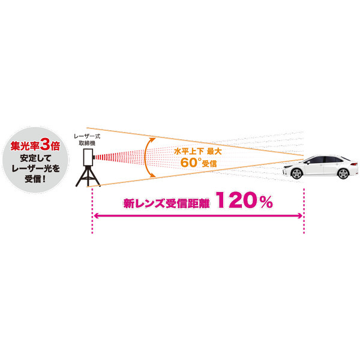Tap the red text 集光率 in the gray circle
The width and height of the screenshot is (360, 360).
click(25, 146)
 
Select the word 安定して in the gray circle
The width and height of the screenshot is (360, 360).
click(35, 158)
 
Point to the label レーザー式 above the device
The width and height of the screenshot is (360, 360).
click(87, 136)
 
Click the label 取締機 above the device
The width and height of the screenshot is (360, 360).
click(87, 143)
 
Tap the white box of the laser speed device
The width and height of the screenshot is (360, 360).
click(88, 157)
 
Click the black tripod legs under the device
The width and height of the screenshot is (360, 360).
click(88, 176)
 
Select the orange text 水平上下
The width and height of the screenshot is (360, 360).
click(189, 152)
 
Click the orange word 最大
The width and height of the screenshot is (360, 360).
click(214, 152)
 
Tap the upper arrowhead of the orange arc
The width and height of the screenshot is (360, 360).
click(152, 139)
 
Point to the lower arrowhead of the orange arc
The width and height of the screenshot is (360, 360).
click(152, 175)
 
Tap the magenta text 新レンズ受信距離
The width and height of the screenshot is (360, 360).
click(166, 203)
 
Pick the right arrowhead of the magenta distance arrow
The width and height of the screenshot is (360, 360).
click(300, 215)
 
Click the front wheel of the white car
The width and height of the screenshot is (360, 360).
click(296, 173)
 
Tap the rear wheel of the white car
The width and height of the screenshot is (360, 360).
click(343, 173)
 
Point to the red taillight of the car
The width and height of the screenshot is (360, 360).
click(354, 164)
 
